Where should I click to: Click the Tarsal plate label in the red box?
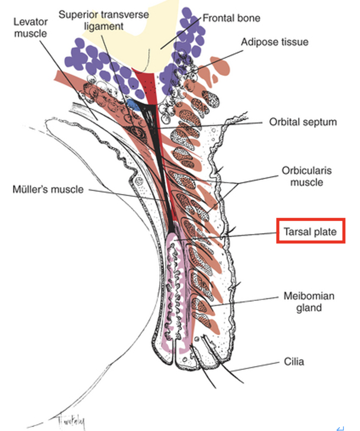[x=310, y=232]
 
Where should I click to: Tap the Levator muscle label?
[x=30, y=27]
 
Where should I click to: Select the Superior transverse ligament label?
[x=103, y=20]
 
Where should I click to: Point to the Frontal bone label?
[x=231, y=18]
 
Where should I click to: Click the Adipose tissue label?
[x=275, y=42]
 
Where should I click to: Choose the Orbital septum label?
[x=303, y=122]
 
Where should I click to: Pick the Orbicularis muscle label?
[x=307, y=176]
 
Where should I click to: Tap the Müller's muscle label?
[x=48, y=189]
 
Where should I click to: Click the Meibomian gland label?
[x=309, y=302]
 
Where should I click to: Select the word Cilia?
[x=294, y=361]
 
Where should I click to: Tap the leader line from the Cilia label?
[x=255, y=367]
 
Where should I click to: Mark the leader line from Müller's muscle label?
[x=127, y=195]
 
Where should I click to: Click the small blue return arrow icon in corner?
[x=340, y=428]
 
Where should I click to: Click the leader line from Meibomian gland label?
[x=244, y=301]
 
